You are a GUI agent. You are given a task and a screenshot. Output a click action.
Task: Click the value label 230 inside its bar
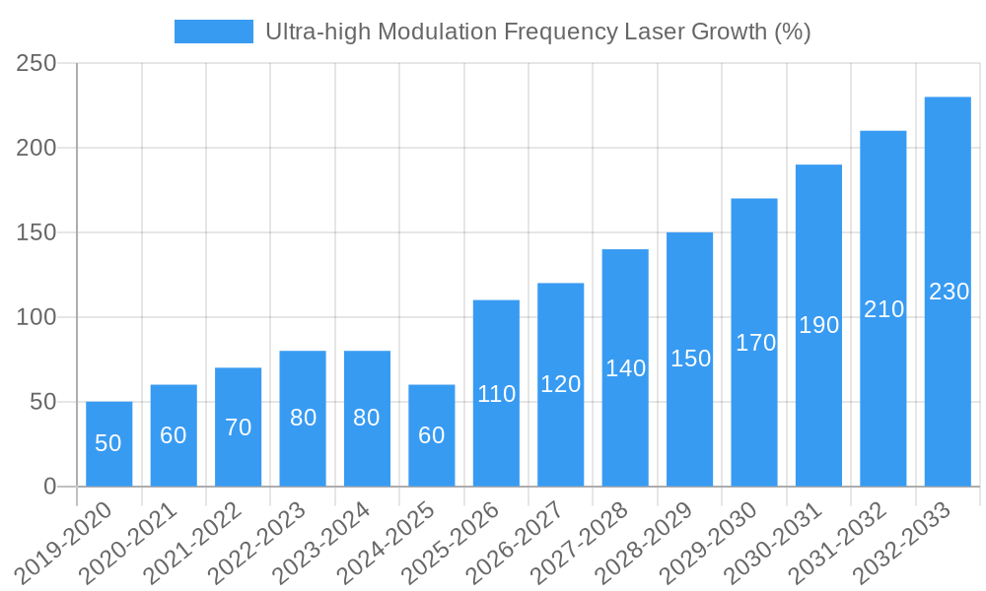pos(949,292)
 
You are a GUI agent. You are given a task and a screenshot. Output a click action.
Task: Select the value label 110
pos(496,394)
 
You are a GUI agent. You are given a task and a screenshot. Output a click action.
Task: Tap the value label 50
pos(108,443)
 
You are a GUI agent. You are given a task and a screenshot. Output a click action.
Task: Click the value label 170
pos(755,343)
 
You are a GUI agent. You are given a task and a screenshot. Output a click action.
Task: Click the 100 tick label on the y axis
pos(36,317)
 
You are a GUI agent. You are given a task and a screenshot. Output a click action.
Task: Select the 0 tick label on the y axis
pos(50,487)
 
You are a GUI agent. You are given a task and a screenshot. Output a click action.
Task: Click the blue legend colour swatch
pos(213,32)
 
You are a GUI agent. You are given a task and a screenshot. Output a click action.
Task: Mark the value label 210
pos(883,309)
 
